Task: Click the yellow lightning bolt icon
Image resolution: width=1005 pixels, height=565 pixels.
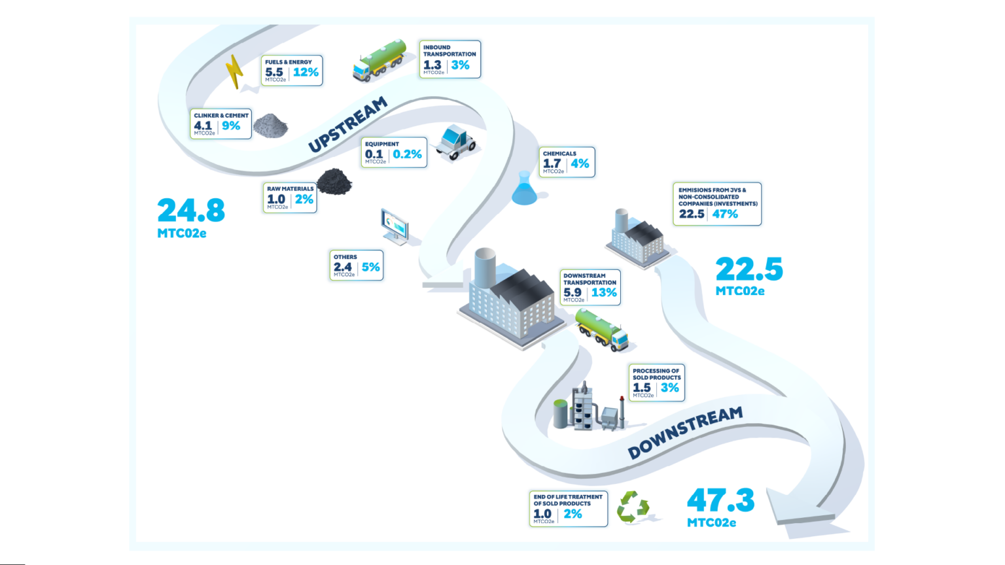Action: point(234,72)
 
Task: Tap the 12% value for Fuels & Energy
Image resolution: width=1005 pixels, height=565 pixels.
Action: point(306,72)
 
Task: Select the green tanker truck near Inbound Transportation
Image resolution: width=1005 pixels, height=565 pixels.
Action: point(379,61)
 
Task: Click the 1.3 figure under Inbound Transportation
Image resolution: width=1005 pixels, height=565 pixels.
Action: point(432,65)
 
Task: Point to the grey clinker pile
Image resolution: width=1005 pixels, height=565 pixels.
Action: point(270,126)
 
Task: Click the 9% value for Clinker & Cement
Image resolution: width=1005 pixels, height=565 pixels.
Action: point(231,126)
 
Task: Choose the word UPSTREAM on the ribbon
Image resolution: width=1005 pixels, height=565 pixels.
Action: point(347,124)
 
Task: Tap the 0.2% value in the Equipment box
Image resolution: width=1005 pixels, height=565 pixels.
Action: point(408,154)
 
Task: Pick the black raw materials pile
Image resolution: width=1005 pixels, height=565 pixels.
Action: point(334,182)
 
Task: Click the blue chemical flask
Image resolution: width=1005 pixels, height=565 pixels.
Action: point(525,188)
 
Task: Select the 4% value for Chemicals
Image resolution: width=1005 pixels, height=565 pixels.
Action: point(580,163)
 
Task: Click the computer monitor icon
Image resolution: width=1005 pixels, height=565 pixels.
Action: point(395,226)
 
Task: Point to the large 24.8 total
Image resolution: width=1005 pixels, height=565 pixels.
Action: point(191,211)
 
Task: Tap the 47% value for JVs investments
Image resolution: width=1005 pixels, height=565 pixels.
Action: point(725,214)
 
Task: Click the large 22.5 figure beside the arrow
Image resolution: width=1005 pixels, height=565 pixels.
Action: point(749,269)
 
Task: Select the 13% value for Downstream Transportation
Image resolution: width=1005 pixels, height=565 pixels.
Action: point(604,292)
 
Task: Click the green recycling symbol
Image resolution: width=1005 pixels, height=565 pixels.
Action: point(633,507)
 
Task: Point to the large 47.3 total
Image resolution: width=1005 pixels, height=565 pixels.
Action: point(720,500)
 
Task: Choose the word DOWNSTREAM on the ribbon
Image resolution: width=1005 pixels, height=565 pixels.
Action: point(685,432)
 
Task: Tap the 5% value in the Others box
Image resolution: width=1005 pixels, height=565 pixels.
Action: point(370,267)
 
